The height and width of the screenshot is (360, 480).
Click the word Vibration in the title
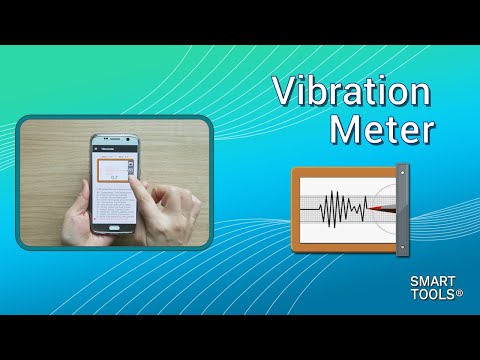pyautogui.click(x=353, y=93)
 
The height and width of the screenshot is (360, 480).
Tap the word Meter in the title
pyautogui.click(x=386, y=130)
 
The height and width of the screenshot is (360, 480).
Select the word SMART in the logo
pyautogui.click(x=431, y=283)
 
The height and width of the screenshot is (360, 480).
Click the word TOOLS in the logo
pyautogui.click(x=431, y=296)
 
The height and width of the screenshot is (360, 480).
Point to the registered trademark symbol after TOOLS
pyautogui.click(x=459, y=294)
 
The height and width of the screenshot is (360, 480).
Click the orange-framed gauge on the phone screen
pyautogui.click(x=113, y=171)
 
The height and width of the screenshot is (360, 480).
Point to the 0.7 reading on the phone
pyautogui.click(x=115, y=177)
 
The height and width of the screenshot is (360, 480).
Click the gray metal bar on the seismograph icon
pyautogui.click(x=402, y=208)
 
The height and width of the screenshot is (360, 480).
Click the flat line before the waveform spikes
pyautogui.click(x=310, y=209)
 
